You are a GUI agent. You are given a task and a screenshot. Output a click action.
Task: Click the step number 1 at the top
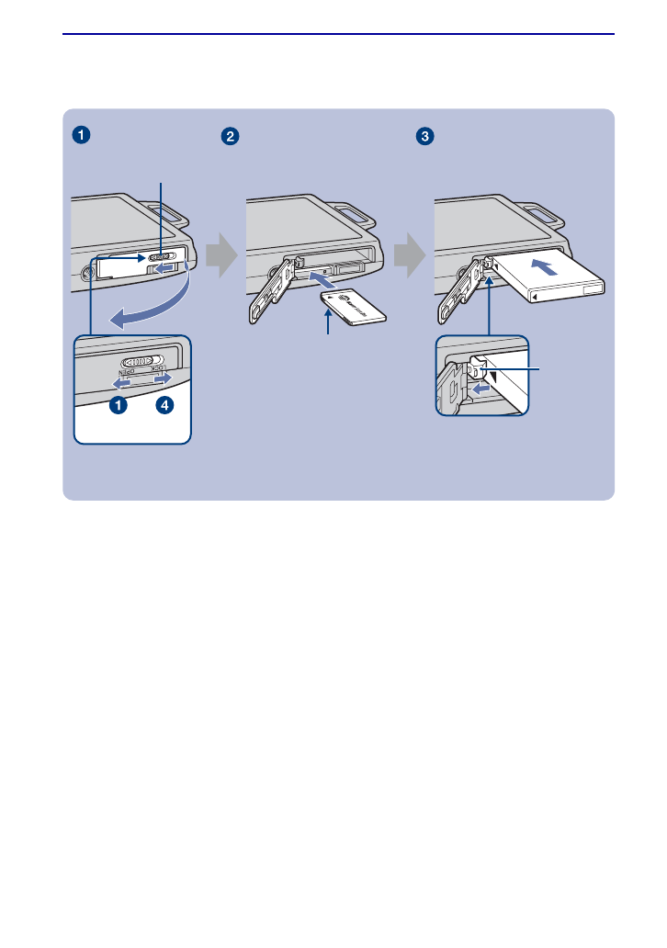(x=83, y=136)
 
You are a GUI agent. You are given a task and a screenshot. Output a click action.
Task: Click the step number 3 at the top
(x=424, y=136)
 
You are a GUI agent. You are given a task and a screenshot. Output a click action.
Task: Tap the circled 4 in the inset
(x=163, y=405)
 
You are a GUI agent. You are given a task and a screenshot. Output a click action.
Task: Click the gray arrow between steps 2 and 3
(x=411, y=261)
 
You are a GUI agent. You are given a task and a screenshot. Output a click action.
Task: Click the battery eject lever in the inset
(x=480, y=367)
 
